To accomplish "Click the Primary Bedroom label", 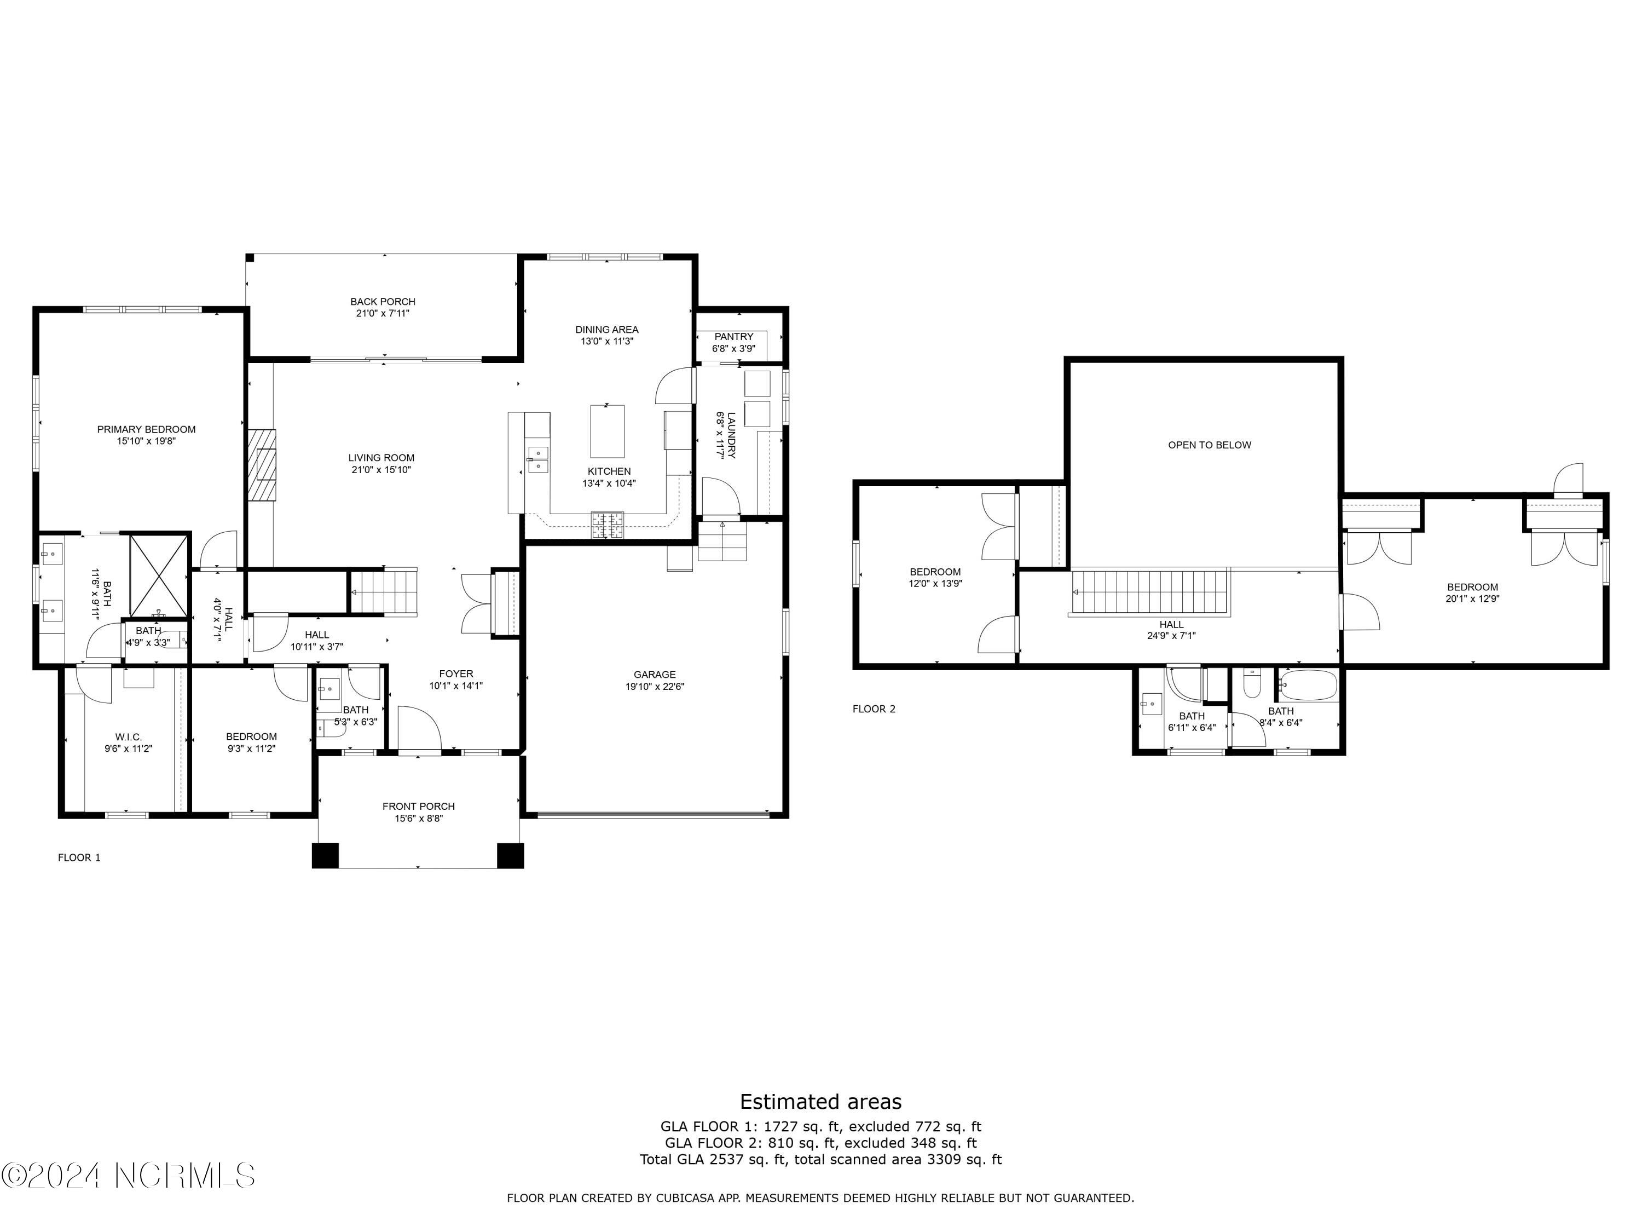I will tap(146, 429).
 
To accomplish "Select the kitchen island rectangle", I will tap(606, 431).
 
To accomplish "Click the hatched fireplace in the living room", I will tap(261, 465).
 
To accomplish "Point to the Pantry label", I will tap(733, 336).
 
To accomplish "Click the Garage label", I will tap(654, 674).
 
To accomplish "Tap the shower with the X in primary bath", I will tap(158, 575).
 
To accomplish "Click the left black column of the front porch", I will tap(325, 855).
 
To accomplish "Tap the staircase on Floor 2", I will tap(1148, 592).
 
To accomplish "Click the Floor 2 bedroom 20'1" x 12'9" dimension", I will tap(1472, 598).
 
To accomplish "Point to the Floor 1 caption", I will tap(79, 857).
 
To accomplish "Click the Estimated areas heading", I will tap(820, 1101).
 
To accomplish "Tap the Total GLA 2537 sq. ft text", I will tap(820, 1159).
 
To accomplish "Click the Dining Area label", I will tap(606, 329).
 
